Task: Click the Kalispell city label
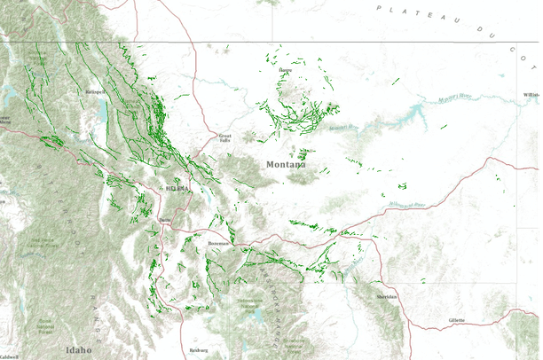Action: click(x=96, y=90)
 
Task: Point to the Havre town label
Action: click(x=285, y=69)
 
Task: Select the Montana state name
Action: click(x=286, y=164)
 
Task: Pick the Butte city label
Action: click(x=164, y=217)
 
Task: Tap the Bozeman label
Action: click(x=218, y=242)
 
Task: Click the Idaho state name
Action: click(x=78, y=350)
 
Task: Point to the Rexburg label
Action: click(x=198, y=350)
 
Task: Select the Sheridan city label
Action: click(x=386, y=297)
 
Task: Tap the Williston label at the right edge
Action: click(x=531, y=94)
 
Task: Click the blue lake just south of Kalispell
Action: click(x=104, y=112)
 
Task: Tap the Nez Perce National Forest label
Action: click(x=42, y=241)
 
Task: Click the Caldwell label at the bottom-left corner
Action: click(x=9, y=356)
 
